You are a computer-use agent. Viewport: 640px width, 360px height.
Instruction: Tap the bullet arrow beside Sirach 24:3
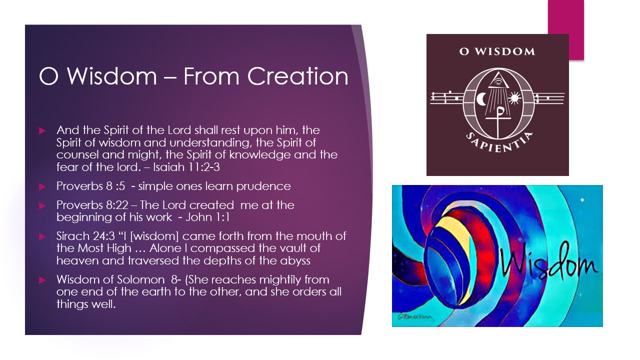(x=42, y=236)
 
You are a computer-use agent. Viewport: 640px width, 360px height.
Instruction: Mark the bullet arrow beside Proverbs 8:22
(x=42, y=205)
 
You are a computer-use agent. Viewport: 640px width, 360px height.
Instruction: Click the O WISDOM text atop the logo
(x=497, y=51)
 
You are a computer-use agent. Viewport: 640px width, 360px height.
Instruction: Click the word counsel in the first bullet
(x=79, y=155)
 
